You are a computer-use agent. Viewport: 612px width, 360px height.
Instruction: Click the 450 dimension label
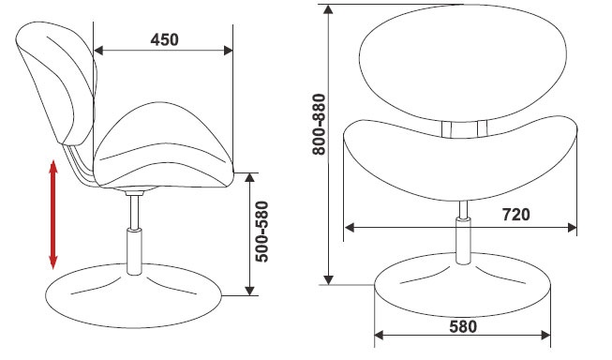point(164,39)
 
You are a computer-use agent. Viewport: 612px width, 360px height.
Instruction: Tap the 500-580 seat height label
point(261,232)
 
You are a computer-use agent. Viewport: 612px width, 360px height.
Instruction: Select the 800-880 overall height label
point(320,125)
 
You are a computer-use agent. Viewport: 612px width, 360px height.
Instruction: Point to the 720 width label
point(515,215)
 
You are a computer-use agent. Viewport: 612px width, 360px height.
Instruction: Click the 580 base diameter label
point(463,327)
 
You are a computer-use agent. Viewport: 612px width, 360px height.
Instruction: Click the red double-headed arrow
point(53,215)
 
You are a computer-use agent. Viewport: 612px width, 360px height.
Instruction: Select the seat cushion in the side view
point(163,145)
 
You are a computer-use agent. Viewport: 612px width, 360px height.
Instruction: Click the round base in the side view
point(134,294)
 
